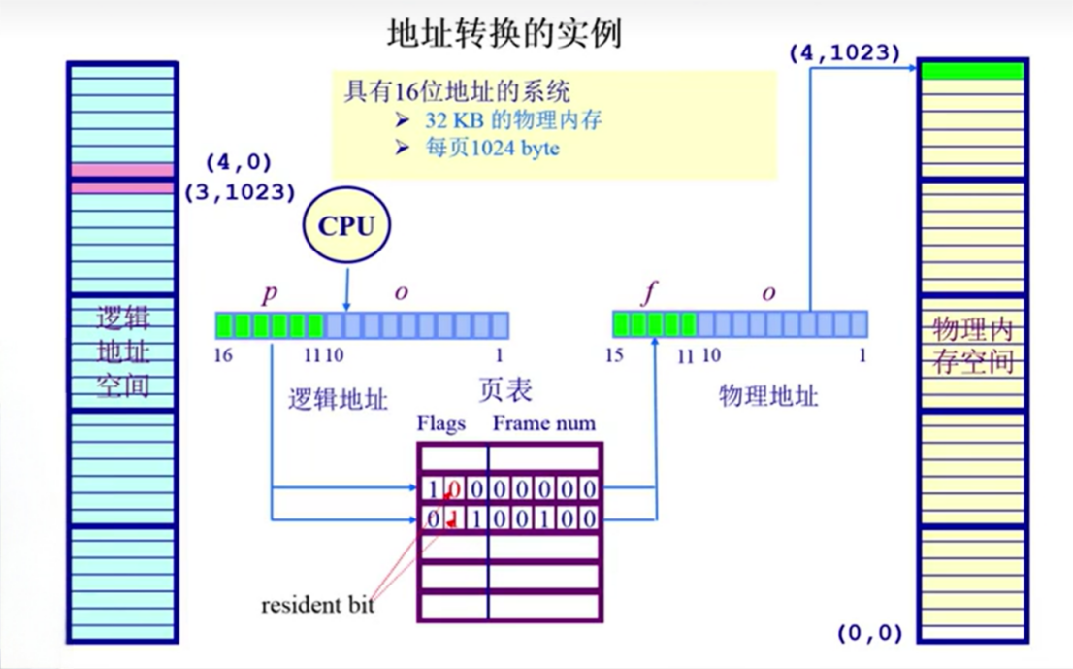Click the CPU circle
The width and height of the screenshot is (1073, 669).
(346, 225)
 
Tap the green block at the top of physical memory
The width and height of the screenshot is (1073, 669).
(971, 71)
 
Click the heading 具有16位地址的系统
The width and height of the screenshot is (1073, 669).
(457, 93)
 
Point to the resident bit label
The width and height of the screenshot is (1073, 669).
(317, 605)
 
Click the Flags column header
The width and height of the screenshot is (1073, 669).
(441, 423)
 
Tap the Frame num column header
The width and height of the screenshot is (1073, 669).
(544, 423)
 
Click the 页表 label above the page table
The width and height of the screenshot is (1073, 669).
(506, 390)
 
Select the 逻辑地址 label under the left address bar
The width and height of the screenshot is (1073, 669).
(339, 399)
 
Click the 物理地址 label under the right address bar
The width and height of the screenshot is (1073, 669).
(768, 395)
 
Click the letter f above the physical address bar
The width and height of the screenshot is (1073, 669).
(649, 293)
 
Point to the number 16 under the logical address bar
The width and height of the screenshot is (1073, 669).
(223, 355)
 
